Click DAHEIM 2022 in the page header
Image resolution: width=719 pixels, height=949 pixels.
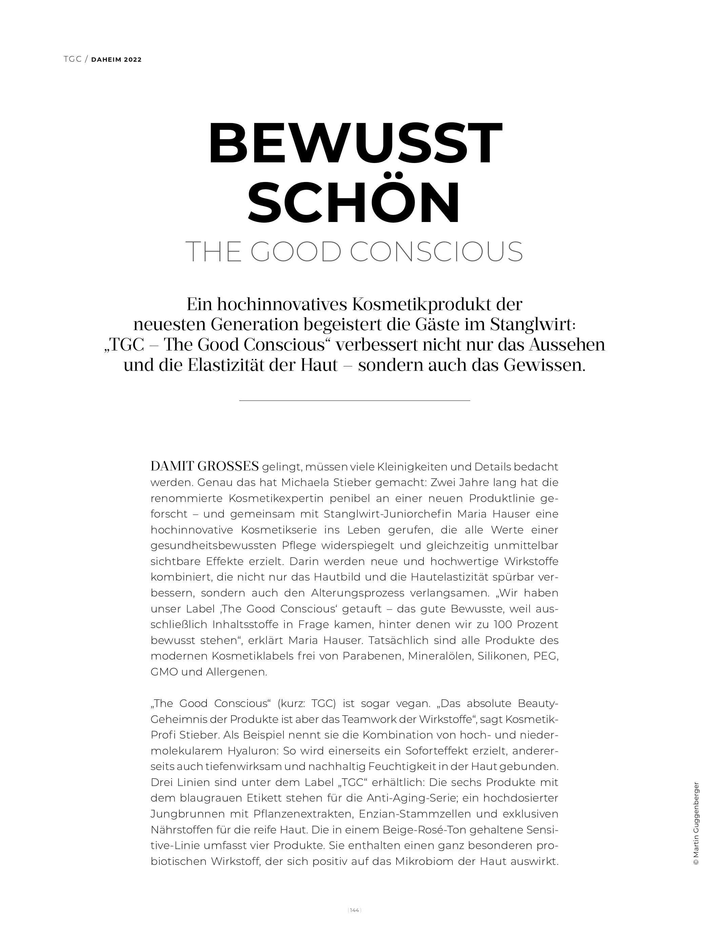point(116,60)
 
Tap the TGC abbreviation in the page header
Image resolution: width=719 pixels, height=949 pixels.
point(73,60)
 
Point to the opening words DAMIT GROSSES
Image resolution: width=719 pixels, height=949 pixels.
point(205,466)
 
